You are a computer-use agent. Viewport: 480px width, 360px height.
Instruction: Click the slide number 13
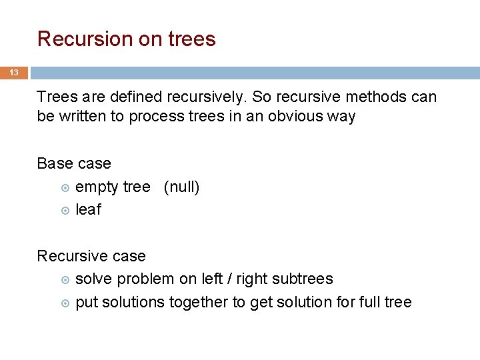pos(13,73)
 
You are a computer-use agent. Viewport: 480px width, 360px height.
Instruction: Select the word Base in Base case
pos(54,163)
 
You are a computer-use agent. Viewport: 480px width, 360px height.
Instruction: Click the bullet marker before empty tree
pos(65,188)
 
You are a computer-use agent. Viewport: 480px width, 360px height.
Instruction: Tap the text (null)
pos(181,187)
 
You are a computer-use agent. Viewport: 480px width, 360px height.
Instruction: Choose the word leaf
pos(88,210)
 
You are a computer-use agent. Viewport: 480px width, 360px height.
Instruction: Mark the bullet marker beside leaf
pos(65,211)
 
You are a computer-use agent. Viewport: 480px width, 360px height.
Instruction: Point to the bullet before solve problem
pos(65,280)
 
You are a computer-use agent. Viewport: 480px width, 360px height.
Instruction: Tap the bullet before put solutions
pos(65,303)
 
